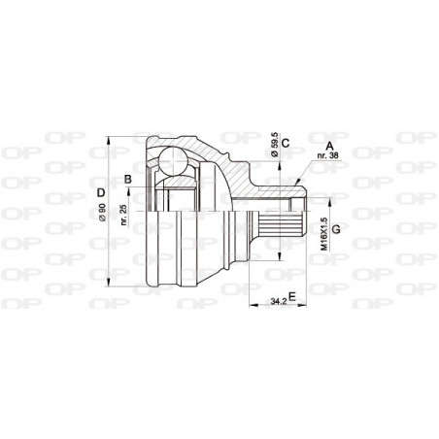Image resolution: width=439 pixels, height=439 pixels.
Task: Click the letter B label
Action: [x=127, y=179]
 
